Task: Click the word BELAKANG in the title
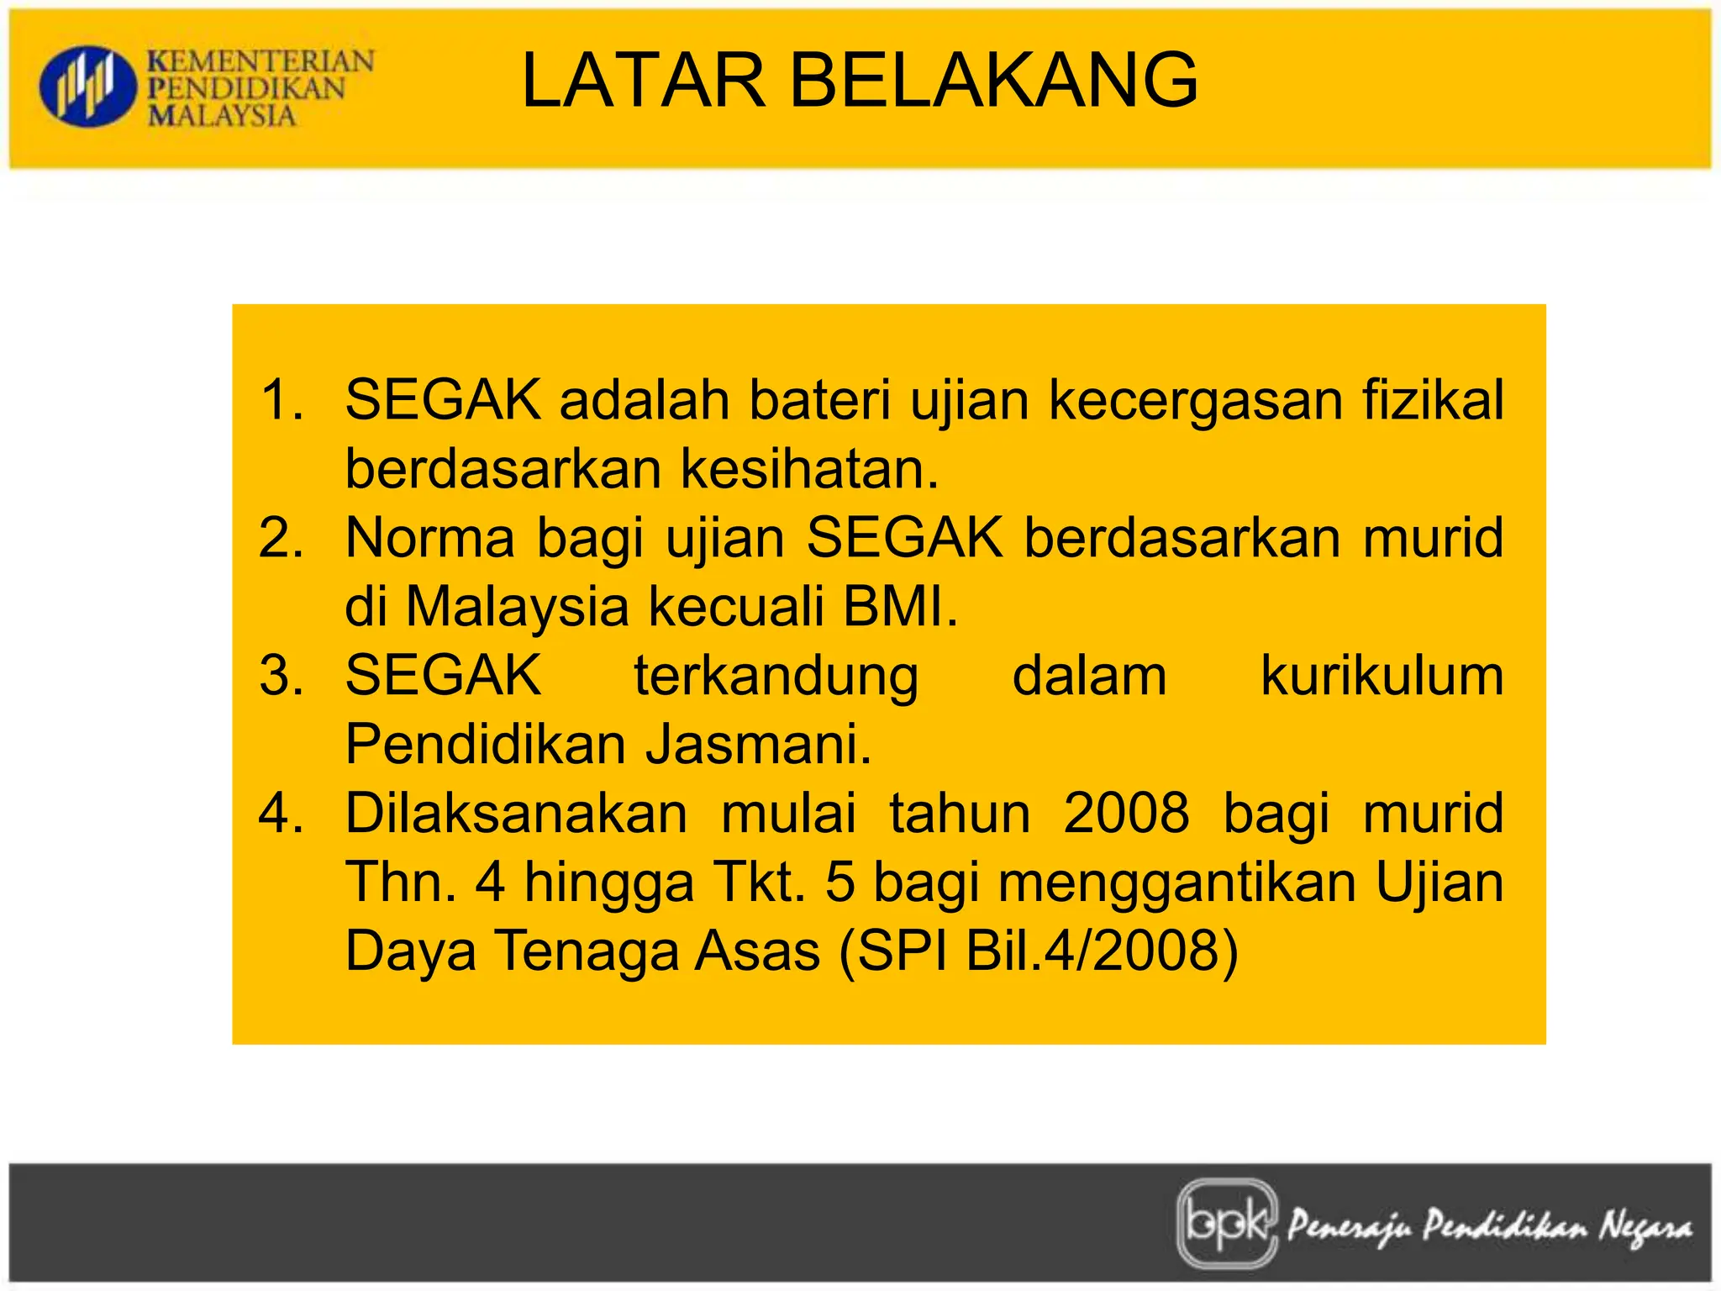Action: (994, 81)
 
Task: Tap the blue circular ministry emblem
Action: (87, 87)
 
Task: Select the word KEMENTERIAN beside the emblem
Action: (261, 61)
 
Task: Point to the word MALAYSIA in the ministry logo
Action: (222, 115)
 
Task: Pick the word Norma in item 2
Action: (429, 537)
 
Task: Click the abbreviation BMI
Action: (899, 606)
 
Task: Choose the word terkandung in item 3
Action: (776, 675)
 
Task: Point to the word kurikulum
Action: (1382, 675)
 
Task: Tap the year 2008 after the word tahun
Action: (1126, 814)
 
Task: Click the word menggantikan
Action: (1177, 883)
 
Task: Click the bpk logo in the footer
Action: (1227, 1223)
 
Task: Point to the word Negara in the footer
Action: (1645, 1227)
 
